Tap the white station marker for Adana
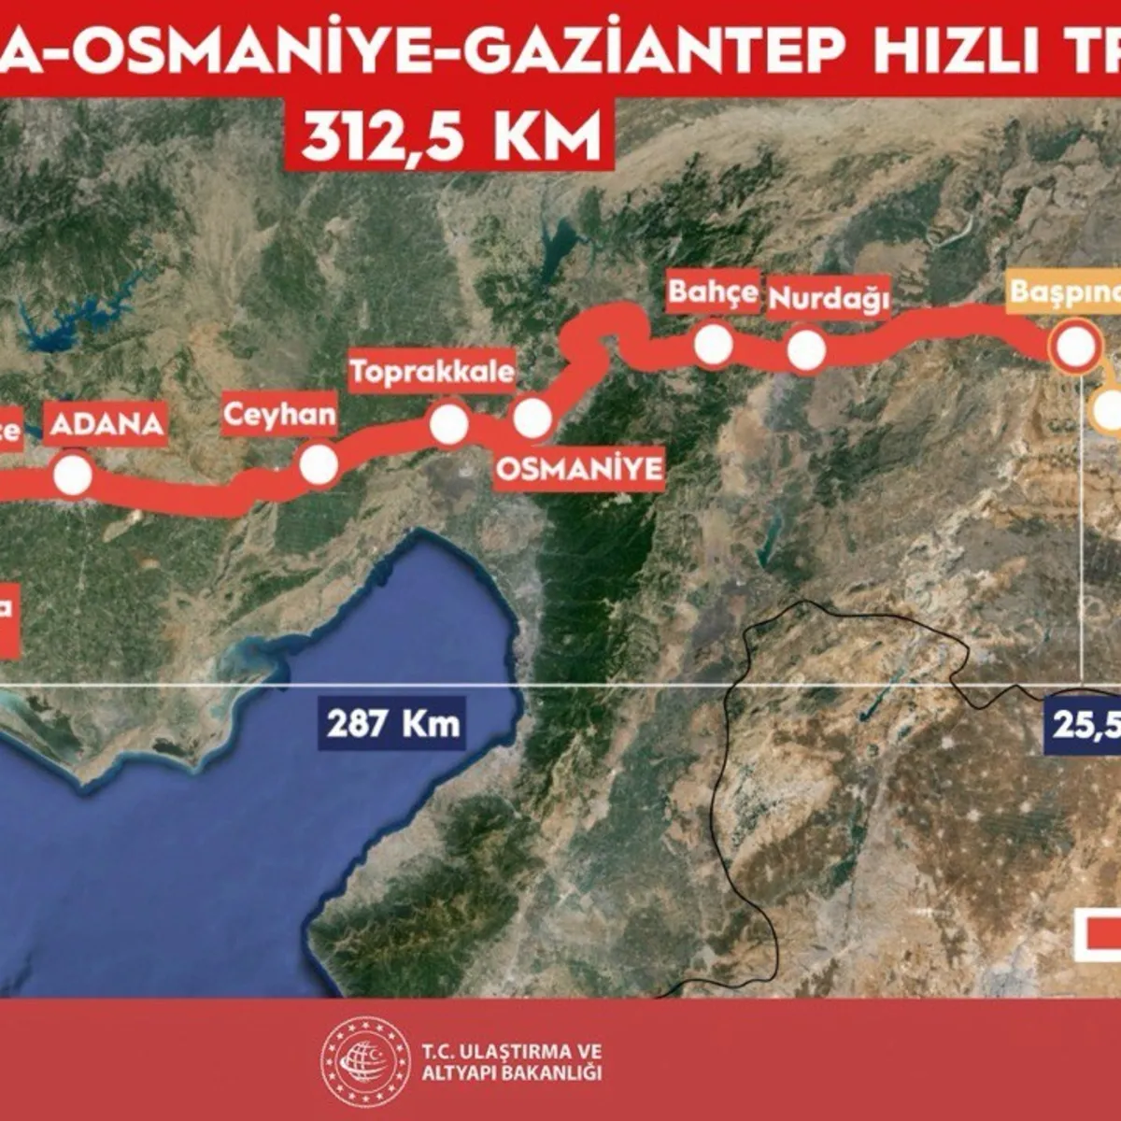pos(73,475)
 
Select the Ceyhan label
pos(279,414)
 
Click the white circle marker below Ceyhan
pos(319,464)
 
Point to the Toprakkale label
pos(432,372)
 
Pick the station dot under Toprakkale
pos(449,424)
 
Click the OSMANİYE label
pos(579,468)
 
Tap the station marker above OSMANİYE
pos(532,419)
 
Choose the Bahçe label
pos(713,292)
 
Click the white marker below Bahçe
pos(714,344)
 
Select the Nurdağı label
pos(828,299)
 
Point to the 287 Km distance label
pos(393,723)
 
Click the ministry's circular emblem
pos(365,1062)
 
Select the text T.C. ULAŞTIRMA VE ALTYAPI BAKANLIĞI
pos(511,1062)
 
